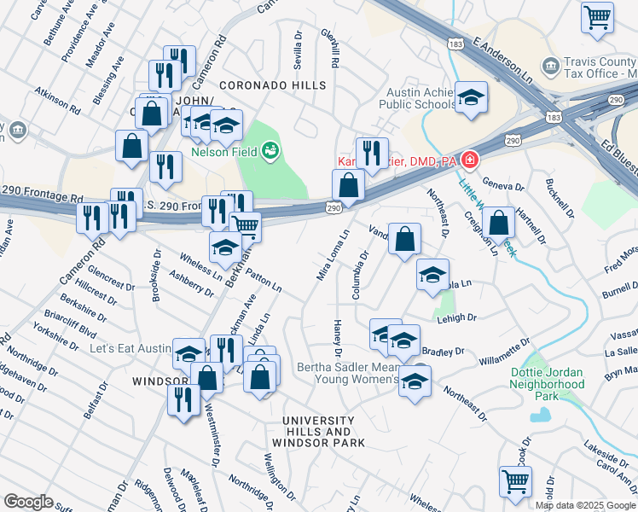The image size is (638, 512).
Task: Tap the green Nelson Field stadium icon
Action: pyautogui.click(x=270, y=152)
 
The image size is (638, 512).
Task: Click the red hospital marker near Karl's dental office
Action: pyautogui.click(x=468, y=160)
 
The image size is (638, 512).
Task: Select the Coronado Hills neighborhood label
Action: pyautogui.click(x=272, y=85)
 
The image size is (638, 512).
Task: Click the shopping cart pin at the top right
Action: pyautogui.click(x=597, y=17)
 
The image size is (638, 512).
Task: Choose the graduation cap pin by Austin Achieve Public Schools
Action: pyautogui.click(x=469, y=98)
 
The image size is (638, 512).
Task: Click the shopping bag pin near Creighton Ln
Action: pyautogui.click(x=499, y=223)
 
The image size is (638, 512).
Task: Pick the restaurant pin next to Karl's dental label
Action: pyautogui.click(x=371, y=154)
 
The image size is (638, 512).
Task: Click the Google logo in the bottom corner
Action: pyautogui.click(x=28, y=502)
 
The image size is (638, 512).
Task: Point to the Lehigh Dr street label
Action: pyautogui.click(x=458, y=317)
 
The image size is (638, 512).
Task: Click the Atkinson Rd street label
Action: pyautogui.click(x=63, y=103)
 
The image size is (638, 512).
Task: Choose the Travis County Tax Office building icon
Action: pyautogui.click(x=550, y=66)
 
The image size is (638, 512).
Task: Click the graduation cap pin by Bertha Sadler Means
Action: pyautogui.click(x=415, y=381)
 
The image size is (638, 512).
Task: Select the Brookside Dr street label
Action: pyautogui.click(x=157, y=275)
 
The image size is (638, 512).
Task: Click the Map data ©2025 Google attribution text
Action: pyautogui.click(x=585, y=504)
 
